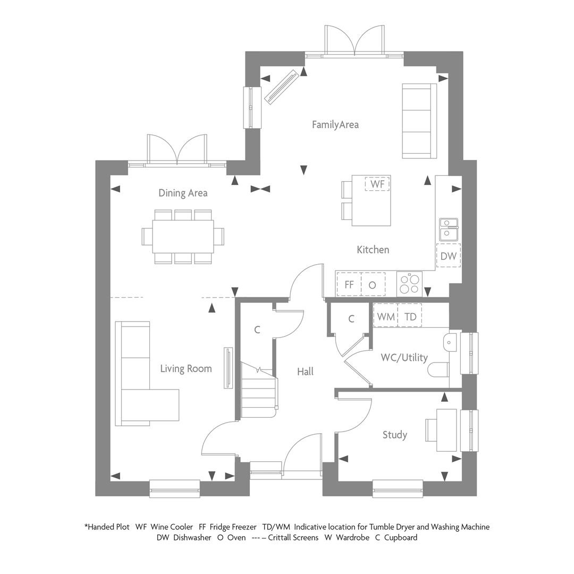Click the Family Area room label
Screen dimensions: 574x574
pyautogui.click(x=335, y=125)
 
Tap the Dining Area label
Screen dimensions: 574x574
pyautogui.click(x=183, y=193)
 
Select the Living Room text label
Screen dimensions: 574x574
pyautogui.click(x=186, y=369)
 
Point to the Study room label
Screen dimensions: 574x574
pyautogui.click(x=394, y=435)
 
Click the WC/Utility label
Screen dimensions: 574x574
pyautogui.click(x=404, y=357)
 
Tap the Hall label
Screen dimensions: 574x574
pyautogui.click(x=305, y=372)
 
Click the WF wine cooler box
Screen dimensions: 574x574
pyautogui.click(x=377, y=184)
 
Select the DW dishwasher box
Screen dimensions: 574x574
pyautogui.click(x=449, y=256)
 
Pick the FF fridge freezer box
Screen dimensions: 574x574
pyautogui.click(x=349, y=284)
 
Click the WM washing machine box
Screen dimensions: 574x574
pyautogui.click(x=385, y=315)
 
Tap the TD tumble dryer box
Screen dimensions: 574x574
pyautogui.click(x=410, y=315)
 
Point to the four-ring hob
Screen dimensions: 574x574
pyautogui.click(x=409, y=284)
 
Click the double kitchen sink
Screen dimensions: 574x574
pyautogui.click(x=449, y=229)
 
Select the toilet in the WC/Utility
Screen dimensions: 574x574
pyautogui.click(x=438, y=370)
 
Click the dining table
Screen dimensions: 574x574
pyautogui.click(x=183, y=237)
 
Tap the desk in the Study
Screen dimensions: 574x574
pyautogui.click(x=446, y=430)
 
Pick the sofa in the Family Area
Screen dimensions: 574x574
pyautogui.click(x=419, y=121)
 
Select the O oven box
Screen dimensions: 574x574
pyautogui.click(x=373, y=284)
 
